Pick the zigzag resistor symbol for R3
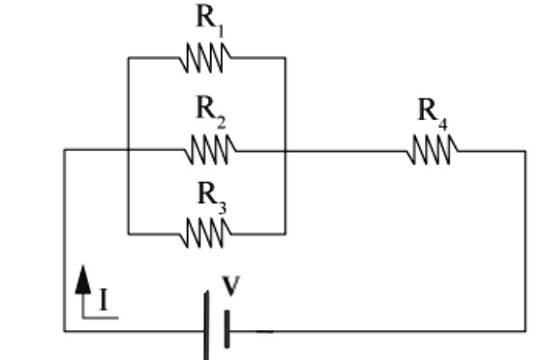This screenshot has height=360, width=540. tap(206, 233)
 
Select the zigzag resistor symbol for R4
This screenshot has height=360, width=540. tap(433, 151)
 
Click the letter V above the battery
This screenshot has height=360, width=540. tap(230, 286)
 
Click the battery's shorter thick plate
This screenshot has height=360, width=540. tap(226, 330)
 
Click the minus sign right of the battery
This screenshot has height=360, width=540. tap(262, 330)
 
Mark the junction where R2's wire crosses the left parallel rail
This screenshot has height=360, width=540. tap(128, 151)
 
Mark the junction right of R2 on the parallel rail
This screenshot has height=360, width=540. tap(285, 151)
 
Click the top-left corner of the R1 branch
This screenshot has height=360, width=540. tap(128, 58)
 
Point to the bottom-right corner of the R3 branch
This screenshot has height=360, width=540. tap(285, 233)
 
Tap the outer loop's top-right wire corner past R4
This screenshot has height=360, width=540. tap(525, 151)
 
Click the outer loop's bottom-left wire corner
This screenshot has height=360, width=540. tap(65, 331)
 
